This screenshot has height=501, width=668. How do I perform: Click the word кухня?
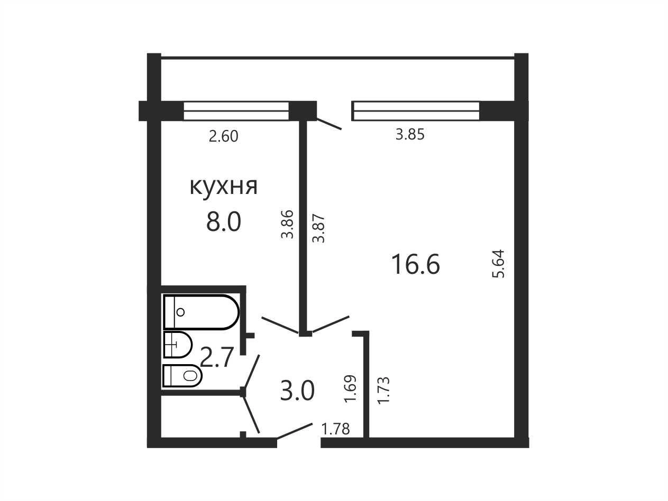pos(224,187)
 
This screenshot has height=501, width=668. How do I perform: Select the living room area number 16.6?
pos(416,264)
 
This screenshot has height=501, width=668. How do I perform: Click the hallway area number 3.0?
pos(297,391)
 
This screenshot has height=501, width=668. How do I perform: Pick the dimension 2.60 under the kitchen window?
pos(224,136)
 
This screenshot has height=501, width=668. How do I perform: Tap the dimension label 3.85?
pos(410,134)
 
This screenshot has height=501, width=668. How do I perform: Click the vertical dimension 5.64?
pos(499,264)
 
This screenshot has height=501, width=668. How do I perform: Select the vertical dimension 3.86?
pos(287,225)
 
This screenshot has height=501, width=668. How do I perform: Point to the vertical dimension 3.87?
pos(319,229)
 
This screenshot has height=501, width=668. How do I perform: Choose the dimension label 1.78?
pos(336,429)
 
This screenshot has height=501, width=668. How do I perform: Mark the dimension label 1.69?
pos(350,389)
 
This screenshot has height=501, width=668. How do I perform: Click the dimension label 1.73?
pos(383,391)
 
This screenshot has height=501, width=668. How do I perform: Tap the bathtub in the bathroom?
pos(201,312)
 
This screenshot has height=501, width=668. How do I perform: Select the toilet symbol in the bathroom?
pos(182,376)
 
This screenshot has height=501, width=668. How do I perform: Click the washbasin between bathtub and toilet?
pos(177,345)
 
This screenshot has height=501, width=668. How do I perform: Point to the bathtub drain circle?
pos(180,312)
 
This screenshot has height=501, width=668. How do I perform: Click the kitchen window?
pos(236,111)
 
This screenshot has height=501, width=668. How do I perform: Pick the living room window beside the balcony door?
pos(415,111)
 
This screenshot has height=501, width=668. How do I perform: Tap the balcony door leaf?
pos(329,124)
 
